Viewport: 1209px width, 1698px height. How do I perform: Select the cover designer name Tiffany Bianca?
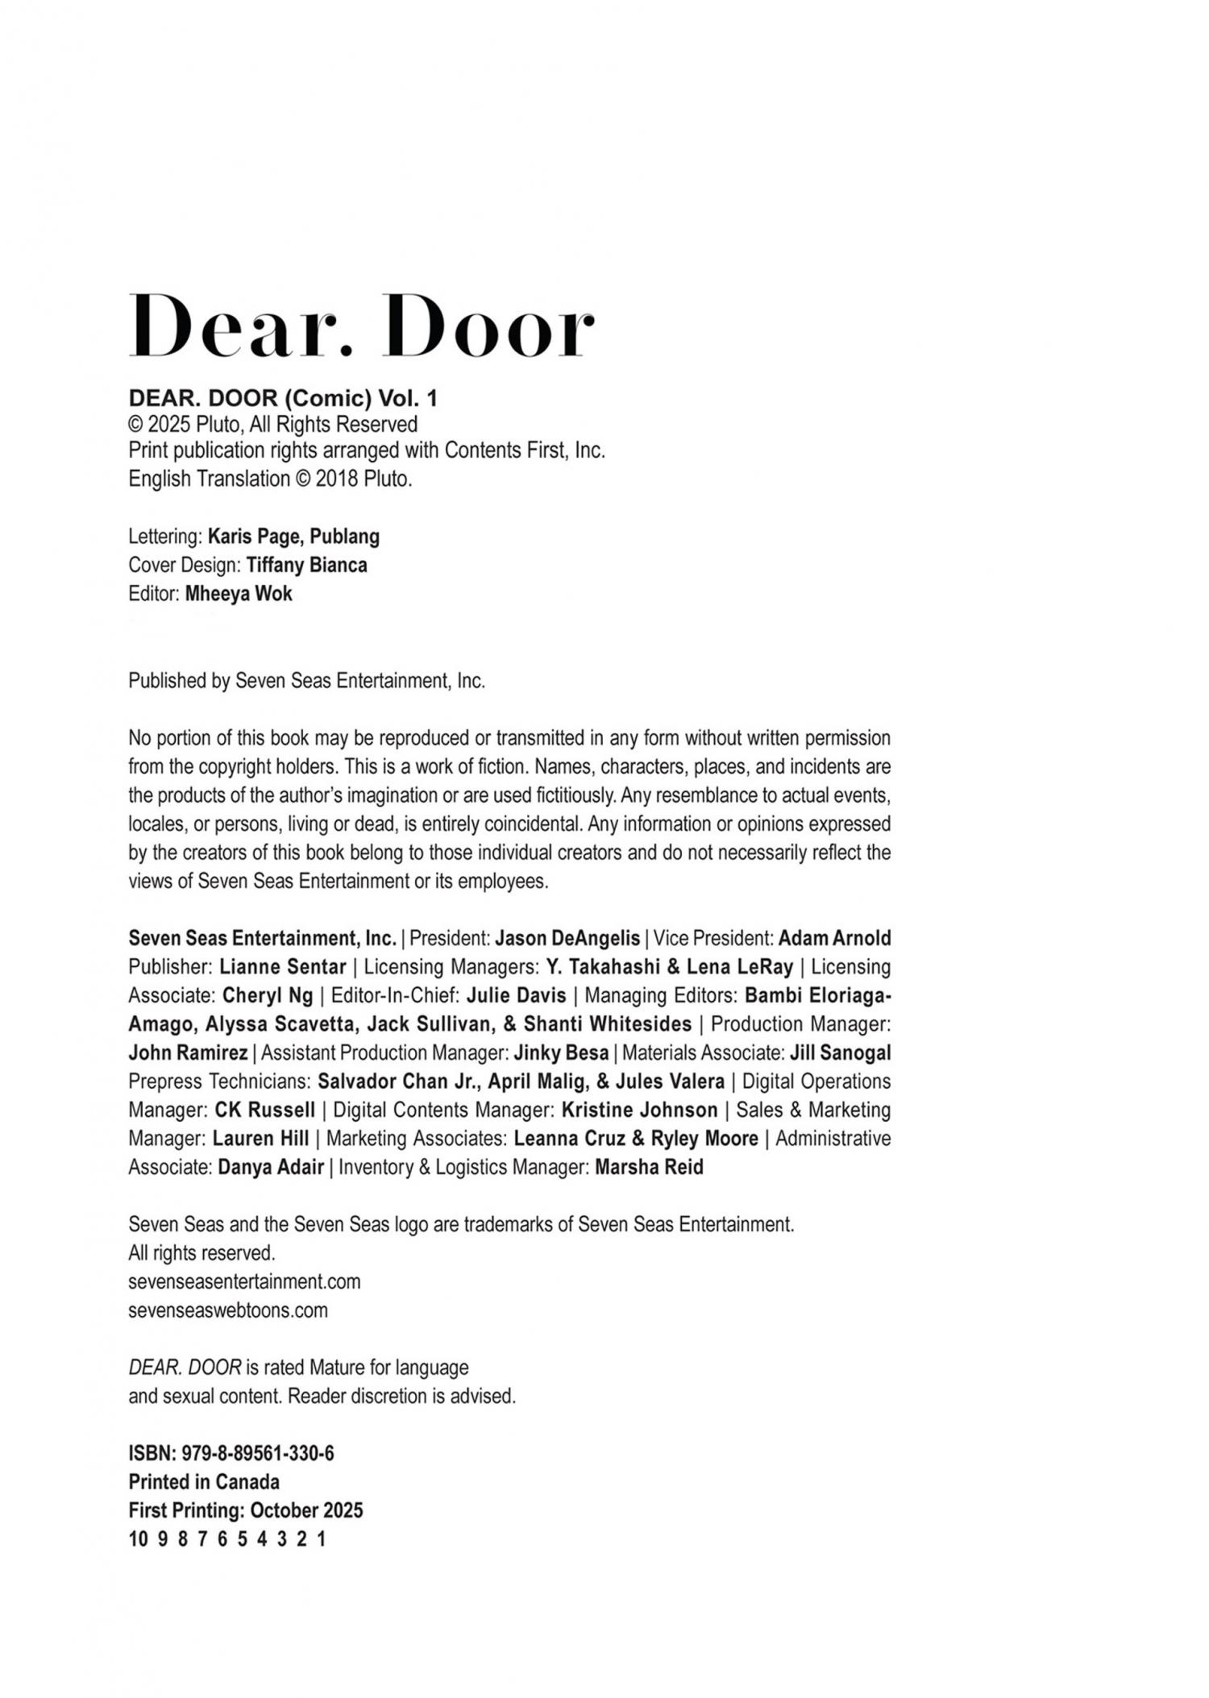pyautogui.click(x=306, y=565)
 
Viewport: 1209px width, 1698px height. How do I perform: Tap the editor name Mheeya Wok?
pyautogui.click(x=239, y=594)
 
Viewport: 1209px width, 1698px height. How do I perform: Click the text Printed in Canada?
pyautogui.click(x=204, y=1481)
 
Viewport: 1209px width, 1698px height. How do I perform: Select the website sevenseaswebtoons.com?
pyautogui.click(x=228, y=1310)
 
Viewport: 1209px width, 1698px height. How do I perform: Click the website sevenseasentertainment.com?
pyautogui.click(x=244, y=1281)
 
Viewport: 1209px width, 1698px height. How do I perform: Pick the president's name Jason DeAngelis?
pyautogui.click(x=567, y=938)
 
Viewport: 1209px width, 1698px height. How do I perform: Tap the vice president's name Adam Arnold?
pyautogui.click(x=834, y=938)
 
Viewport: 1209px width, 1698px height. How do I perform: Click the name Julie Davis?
pyautogui.click(x=516, y=995)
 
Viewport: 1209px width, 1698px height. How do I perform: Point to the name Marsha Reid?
pyautogui.click(x=649, y=1167)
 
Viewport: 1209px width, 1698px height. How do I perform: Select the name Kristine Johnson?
pyautogui.click(x=639, y=1110)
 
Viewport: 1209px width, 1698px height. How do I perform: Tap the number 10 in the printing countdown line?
pyautogui.click(x=138, y=1539)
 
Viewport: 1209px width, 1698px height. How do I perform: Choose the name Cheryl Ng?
pyautogui.click(x=268, y=995)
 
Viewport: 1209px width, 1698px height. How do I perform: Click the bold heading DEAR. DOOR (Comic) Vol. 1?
pyautogui.click(x=283, y=398)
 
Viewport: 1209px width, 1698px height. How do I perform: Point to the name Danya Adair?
pyautogui.click(x=271, y=1167)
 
